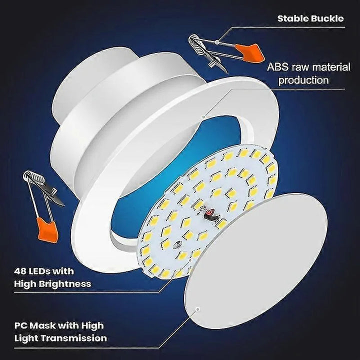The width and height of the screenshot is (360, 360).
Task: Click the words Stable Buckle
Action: pos(310,19)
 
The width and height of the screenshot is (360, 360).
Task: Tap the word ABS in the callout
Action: pos(278,66)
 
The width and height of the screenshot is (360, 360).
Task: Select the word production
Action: pos(303,79)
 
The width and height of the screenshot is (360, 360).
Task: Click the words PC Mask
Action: pos(31,325)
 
